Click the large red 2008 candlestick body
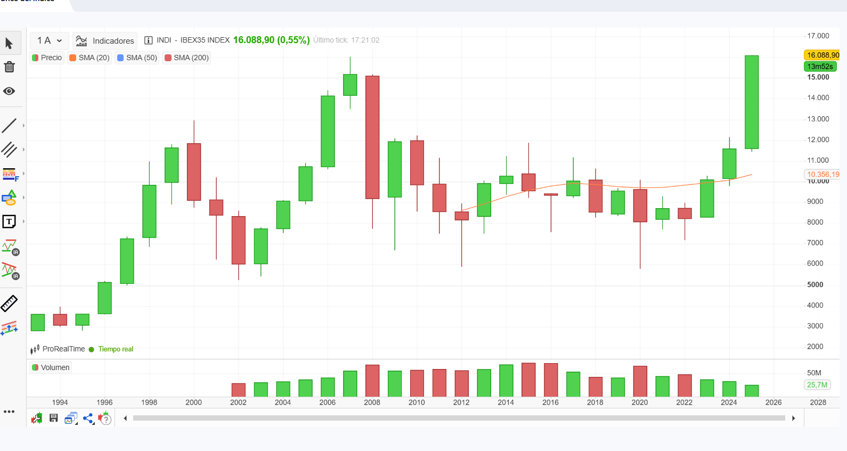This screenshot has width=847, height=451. pyautogui.click(x=372, y=137)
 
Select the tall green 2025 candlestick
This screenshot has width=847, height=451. pyautogui.click(x=751, y=102)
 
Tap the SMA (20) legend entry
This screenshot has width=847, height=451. pyautogui.click(x=89, y=58)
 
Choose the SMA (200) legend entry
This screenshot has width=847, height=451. pyautogui.click(x=186, y=58)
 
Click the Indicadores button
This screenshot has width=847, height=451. pyautogui.click(x=105, y=41)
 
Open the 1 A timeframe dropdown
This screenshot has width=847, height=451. pyautogui.click(x=50, y=40)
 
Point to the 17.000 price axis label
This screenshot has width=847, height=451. pyautogui.click(x=818, y=36)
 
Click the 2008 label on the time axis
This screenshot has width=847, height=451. pyautogui.click(x=372, y=402)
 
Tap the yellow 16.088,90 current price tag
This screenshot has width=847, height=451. pyautogui.click(x=822, y=55)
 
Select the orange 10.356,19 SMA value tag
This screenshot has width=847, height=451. pyautogui.click(x=822, y=174)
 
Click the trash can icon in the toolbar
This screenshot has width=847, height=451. pyautogui.click(x=10, y=67)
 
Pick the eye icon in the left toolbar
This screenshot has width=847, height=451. pyautogui.click(x=9, y=91)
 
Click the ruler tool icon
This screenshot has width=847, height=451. pyautogui.click(x=9, y=304)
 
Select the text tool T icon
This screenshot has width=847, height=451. pyautogui.click(x=9, y=222)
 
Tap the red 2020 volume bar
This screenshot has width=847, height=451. pyautogui.click(x=640, y=381)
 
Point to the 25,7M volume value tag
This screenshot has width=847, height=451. pyautogui.click(x=817, y=384)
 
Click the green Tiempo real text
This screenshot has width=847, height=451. pyautogui.click(x=115, y=349)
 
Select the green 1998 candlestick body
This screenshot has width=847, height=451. pyautogui.click(x=149, y=211)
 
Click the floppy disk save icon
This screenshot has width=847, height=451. pyautogui.click(x=54, y=418)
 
